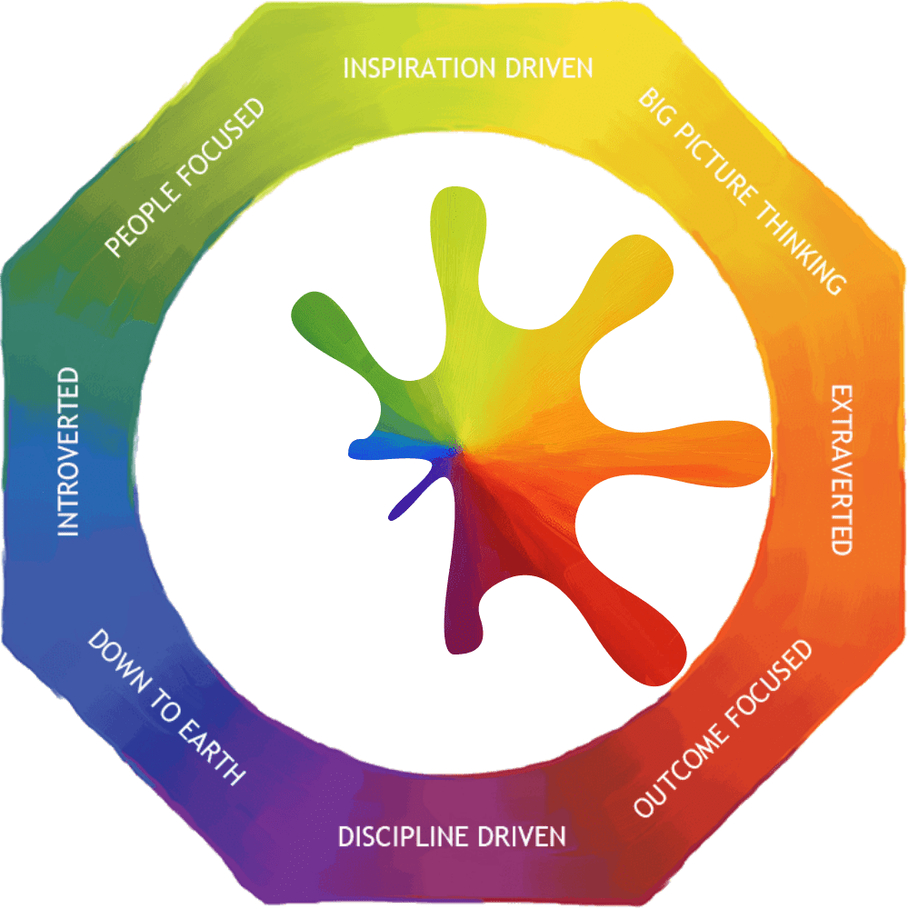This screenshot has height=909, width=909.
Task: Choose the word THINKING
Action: (798, 246)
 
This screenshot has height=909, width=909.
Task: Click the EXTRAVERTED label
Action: (842, 469)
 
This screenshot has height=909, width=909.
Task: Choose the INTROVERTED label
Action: (68, 451)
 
